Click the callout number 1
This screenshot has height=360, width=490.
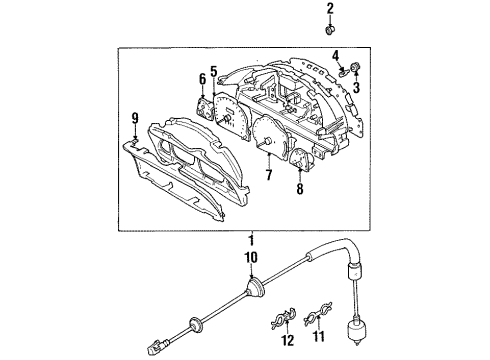pos(252,241)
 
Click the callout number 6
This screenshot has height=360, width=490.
pos(201,79)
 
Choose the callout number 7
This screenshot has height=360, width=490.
pos(267,176)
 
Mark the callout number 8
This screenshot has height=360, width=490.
pos(299,187)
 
